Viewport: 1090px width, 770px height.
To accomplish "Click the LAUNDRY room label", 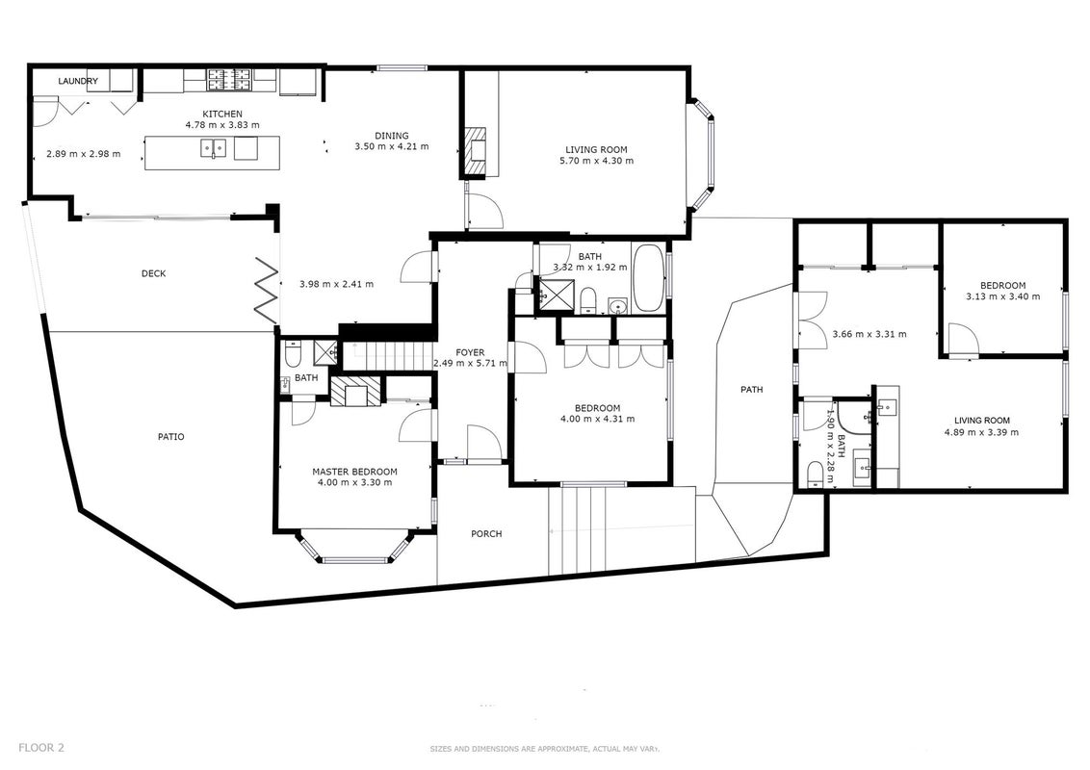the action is pos(78,81).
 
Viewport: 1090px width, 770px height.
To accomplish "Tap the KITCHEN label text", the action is pos(222,114).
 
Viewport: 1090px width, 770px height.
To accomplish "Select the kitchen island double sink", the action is pos(214,148).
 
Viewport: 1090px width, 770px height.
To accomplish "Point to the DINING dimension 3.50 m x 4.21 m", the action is pos(391,146).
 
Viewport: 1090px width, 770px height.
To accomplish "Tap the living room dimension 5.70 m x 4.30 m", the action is pos(596,161).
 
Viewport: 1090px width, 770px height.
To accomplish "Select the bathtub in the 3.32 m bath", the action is pos(649,278).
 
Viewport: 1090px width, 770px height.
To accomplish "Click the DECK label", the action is pos(154,273).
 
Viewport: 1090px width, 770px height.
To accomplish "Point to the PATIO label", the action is pos(171,436).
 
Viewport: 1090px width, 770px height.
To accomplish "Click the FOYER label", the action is pos(471,352).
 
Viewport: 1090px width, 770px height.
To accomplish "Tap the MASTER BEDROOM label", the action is pos(354,472).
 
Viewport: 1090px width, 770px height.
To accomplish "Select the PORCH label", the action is pos(486,534).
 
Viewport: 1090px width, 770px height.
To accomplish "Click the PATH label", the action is pos(751,389).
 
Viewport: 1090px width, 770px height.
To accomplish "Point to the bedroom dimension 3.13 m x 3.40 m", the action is pos(1003,296).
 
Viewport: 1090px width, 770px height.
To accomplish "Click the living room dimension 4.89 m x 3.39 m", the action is pos(981,431).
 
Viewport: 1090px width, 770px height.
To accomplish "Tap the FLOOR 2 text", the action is pos(41,748).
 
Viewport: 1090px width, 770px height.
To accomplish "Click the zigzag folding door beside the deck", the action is pos(267,289).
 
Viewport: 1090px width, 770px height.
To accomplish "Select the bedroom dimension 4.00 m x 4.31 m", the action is pos(597,419).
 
